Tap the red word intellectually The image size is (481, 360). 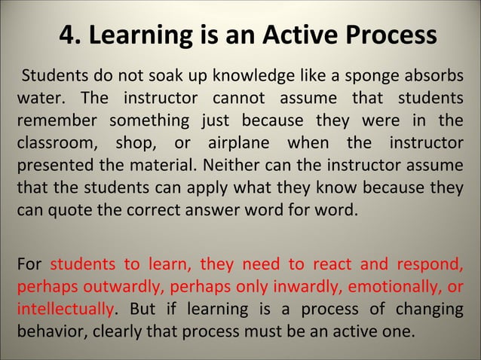(66, 309)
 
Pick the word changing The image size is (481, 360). (429, 309)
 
